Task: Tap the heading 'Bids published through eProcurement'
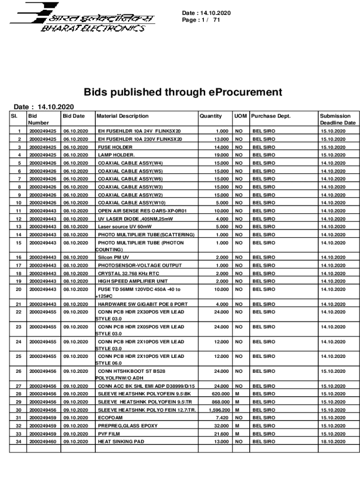coord(183,92)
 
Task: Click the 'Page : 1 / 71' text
coord(201,21)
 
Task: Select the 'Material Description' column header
coord(122,116)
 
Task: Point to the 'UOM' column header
coord(240,116)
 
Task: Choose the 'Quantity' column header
coord(211,116)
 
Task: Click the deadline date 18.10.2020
coord(333,442)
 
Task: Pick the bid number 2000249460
coord(43,442)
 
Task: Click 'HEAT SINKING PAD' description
coord(121,442)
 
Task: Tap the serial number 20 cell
coord(19,290)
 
